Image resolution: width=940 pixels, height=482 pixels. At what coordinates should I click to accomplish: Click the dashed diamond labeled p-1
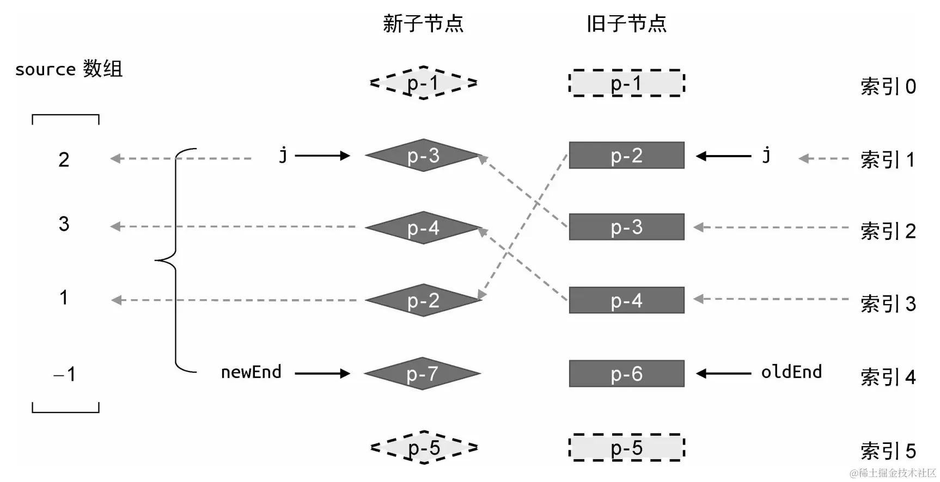point(423,83)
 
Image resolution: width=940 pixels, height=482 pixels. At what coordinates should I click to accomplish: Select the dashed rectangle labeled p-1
point(626,83)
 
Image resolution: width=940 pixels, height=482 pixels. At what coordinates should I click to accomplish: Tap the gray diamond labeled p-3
point(423,156)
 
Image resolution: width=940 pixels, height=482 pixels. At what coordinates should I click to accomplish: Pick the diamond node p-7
point(422,374)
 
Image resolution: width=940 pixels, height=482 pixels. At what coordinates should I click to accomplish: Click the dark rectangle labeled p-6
point(626,374)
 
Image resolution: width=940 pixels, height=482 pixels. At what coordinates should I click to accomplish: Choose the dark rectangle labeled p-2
point(626,156)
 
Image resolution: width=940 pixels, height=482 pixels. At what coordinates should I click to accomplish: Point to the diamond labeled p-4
point(423,228)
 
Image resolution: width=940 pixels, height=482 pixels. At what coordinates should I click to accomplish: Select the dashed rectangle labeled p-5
point(626,448)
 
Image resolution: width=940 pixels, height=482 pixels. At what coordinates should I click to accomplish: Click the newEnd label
point(251,372)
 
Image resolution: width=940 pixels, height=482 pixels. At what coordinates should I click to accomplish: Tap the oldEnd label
point(791,372)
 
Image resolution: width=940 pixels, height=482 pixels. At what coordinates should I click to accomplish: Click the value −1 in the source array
point(65,374)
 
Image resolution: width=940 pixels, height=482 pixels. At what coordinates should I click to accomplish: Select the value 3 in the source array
point(64,224)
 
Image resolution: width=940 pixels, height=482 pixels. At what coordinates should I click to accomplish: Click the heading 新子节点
point(423,24)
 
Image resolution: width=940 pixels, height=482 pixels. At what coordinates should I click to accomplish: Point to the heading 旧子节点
point(626,24)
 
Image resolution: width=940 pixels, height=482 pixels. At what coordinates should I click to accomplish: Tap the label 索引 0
point(888,86)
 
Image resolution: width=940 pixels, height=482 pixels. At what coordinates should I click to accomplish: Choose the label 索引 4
point(888,377)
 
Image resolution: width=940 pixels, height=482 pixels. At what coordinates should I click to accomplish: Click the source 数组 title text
point(69,69)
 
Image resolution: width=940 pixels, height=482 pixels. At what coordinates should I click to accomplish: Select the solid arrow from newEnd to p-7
point(322,373)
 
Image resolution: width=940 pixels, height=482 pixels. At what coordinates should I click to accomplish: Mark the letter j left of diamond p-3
point(283,156)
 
